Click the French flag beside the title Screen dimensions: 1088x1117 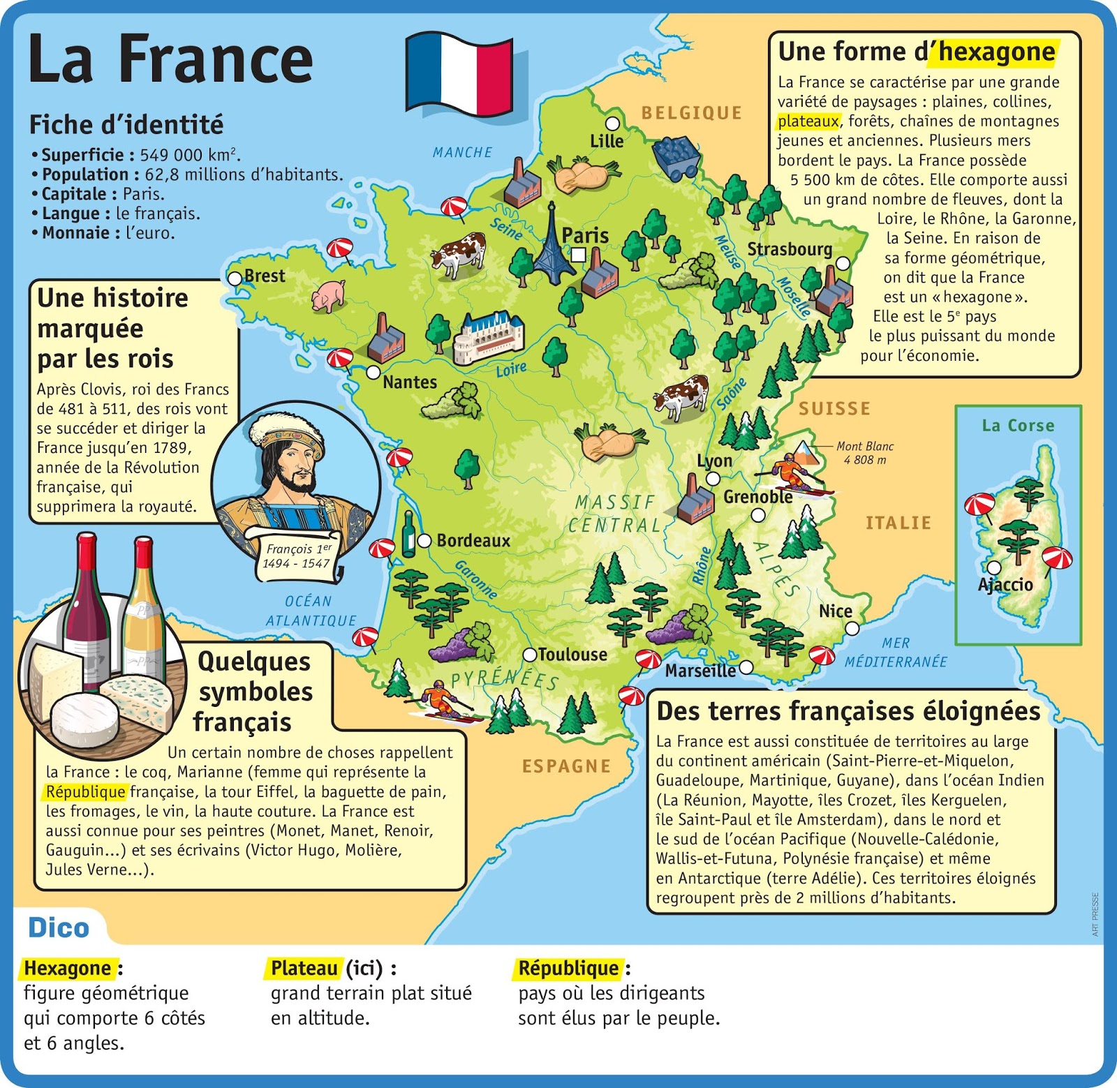pos(459,73)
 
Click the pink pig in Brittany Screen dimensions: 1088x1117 pos(328,295)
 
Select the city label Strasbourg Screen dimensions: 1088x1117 pos(790,249)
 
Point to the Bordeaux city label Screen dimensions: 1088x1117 pos(473,540)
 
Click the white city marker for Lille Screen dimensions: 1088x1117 pos(612,124)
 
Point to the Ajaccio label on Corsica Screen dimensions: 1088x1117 pos(1005,585)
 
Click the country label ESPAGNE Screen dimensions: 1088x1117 pos(566,766)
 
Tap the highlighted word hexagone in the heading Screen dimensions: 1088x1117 pos(996,52)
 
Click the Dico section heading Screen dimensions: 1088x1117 pos(59,927)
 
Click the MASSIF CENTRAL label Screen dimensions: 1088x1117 pos(614,514)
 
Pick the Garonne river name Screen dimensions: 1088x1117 pos(476,579)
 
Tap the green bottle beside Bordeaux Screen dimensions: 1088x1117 pos(408,535)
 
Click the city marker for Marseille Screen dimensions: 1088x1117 pos(746,667)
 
